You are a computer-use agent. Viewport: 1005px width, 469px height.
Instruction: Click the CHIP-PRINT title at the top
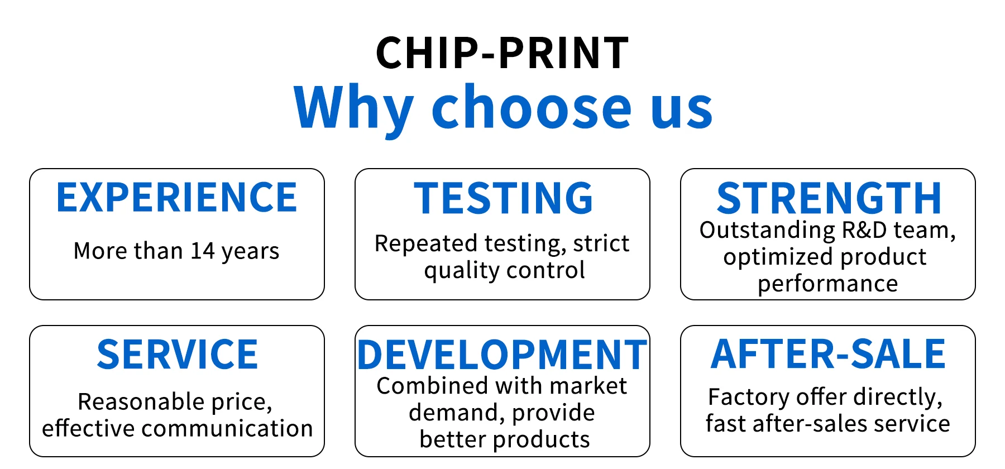[x=502, y=53]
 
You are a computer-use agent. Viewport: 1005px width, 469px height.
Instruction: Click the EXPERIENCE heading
[x=177, y=198]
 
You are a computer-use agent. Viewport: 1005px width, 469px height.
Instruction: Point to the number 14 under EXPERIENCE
[x=203, y=251]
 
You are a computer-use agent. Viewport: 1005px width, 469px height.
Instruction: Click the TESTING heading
[x=503, y=198]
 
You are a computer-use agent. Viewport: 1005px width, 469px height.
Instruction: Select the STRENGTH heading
[x=829, y=198]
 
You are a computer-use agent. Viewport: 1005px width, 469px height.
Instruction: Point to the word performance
[x=828, y=284]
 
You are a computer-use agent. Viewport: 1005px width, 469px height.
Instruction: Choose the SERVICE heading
[x=178, y=355]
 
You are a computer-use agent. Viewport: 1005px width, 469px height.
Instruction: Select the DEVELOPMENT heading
[x=502, y=355]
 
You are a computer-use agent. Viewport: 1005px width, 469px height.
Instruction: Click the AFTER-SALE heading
[x=828, y=355]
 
